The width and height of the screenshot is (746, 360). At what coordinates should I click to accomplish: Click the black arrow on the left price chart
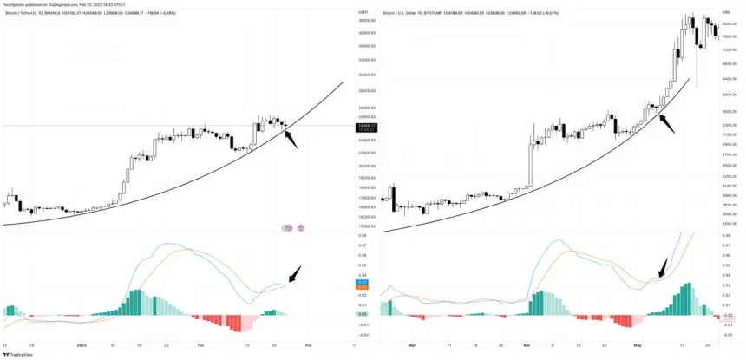[x=291, y=136]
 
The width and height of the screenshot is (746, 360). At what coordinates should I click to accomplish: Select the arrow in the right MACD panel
[x=664, y=267]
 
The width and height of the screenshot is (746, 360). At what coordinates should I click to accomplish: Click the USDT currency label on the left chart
[x=363, y=12]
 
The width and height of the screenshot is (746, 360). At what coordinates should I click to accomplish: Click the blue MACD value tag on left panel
[x=363, y=282]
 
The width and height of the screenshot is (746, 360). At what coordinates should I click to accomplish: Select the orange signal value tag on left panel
[x=363, y=287]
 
